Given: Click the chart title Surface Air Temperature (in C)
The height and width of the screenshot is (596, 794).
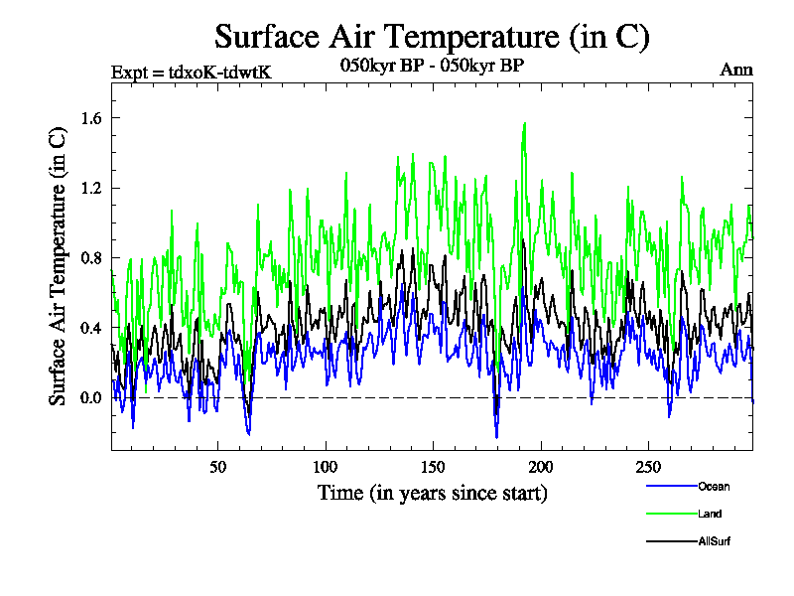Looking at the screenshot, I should click(x=432, y=37).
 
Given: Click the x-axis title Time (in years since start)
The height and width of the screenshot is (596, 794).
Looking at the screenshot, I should click(x=432, y=493).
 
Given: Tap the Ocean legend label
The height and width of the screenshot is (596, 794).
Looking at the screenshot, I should click(x=714, y=486).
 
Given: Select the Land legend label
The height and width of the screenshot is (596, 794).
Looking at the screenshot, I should click(x=710, y=514).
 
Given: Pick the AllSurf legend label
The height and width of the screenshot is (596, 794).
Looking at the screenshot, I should click(x=715, y=541).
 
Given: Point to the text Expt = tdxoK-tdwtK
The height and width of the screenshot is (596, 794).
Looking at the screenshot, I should click(x=192, y=71).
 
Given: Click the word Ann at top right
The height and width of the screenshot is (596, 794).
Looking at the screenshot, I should click(x=737, y=71).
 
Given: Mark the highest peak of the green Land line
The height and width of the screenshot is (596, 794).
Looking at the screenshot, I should click(x=524, y=124).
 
